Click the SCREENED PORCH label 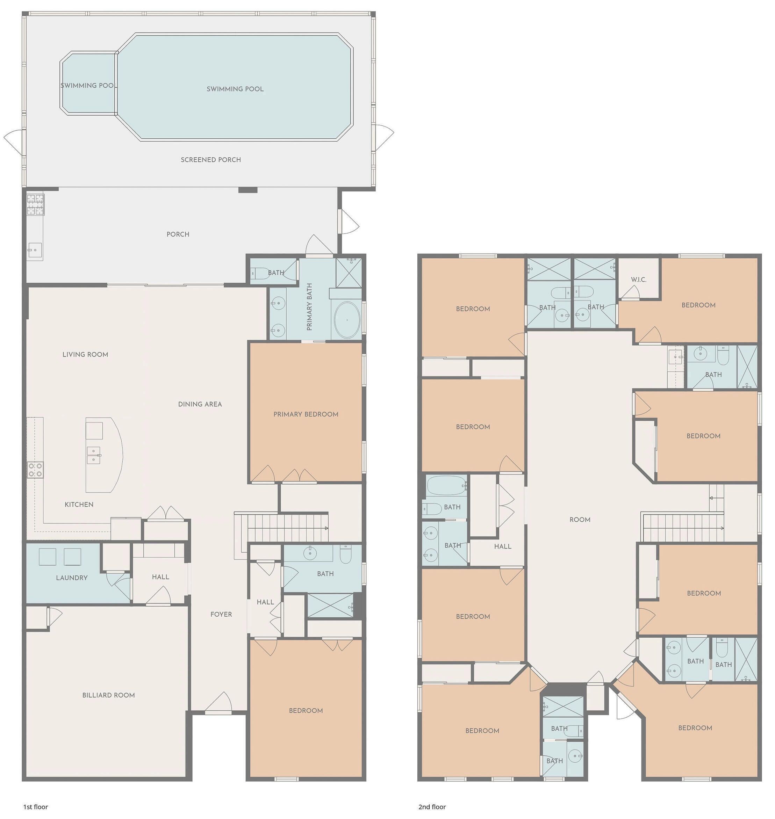tap(211, 160)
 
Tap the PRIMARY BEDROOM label tap(306, 414)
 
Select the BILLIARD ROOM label tap(109, 695)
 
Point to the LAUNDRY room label tap(72, 578)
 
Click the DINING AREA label tap(200, 404)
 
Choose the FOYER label tap(221, 614)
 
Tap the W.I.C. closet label tap(638, 280)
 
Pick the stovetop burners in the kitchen tap(35, 470)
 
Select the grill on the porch tap(36, 204)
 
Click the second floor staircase tap(682, 527)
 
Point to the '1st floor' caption tap(36, 807)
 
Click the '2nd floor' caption tap(432, 807)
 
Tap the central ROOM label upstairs tap(580, 520)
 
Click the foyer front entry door tap(218, 703)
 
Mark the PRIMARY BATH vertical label tap(309, 307)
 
